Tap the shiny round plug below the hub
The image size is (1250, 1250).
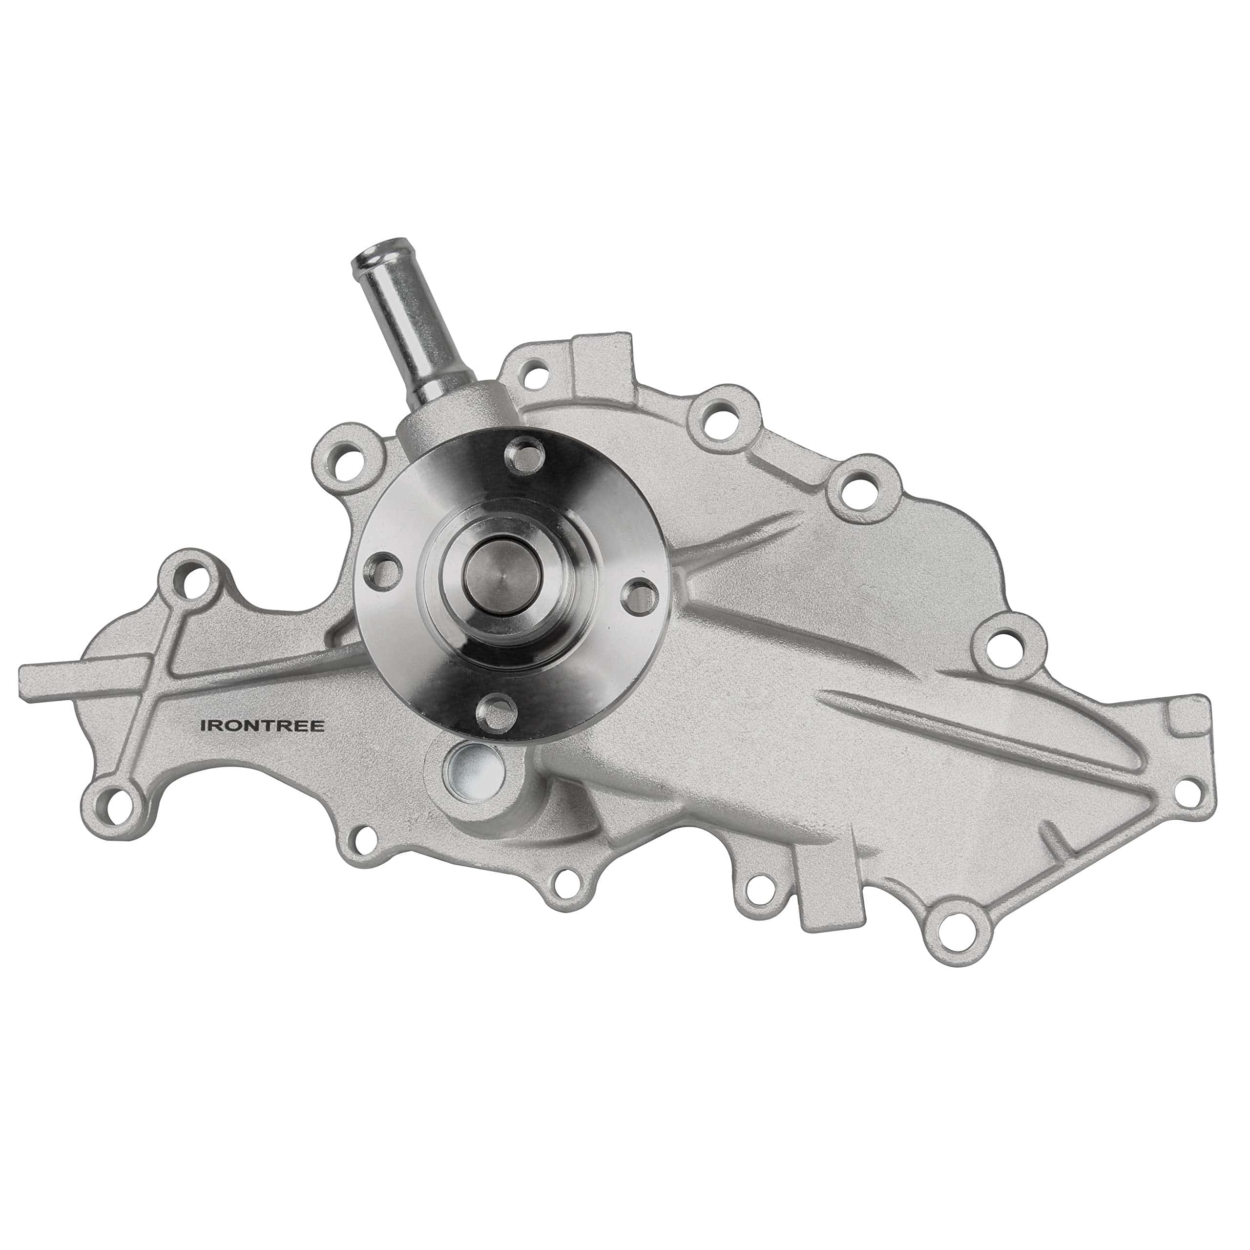(x=472, y=768)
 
